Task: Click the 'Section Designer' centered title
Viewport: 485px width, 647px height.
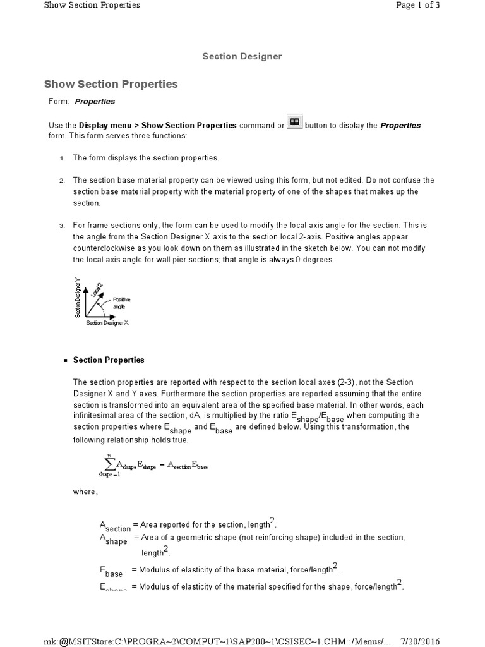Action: click(x=242, y=56)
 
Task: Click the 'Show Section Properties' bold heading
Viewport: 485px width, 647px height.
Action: click(x=111, y=84)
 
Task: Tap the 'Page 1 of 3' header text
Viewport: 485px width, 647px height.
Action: click(x=417, y=5)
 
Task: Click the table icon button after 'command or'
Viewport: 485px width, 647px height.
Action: click(x=294, y=122)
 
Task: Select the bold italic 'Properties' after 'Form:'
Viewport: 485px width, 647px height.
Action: click(x=95, y=101)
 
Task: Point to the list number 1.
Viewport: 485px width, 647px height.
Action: click(x=62, y=158)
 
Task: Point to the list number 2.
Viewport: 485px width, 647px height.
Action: click(x=62, y=181)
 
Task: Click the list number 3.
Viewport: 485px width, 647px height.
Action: click(x=62, y=226)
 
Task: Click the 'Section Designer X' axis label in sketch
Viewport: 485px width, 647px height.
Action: click(x=107, y=323)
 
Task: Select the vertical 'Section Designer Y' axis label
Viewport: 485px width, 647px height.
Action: click(x=78, y=298)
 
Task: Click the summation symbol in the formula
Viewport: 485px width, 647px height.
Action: click(x=110, y=464)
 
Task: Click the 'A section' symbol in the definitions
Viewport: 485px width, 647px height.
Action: click(x=115, y=526)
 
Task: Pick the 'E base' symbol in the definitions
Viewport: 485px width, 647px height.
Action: click(x=111, y=571)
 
